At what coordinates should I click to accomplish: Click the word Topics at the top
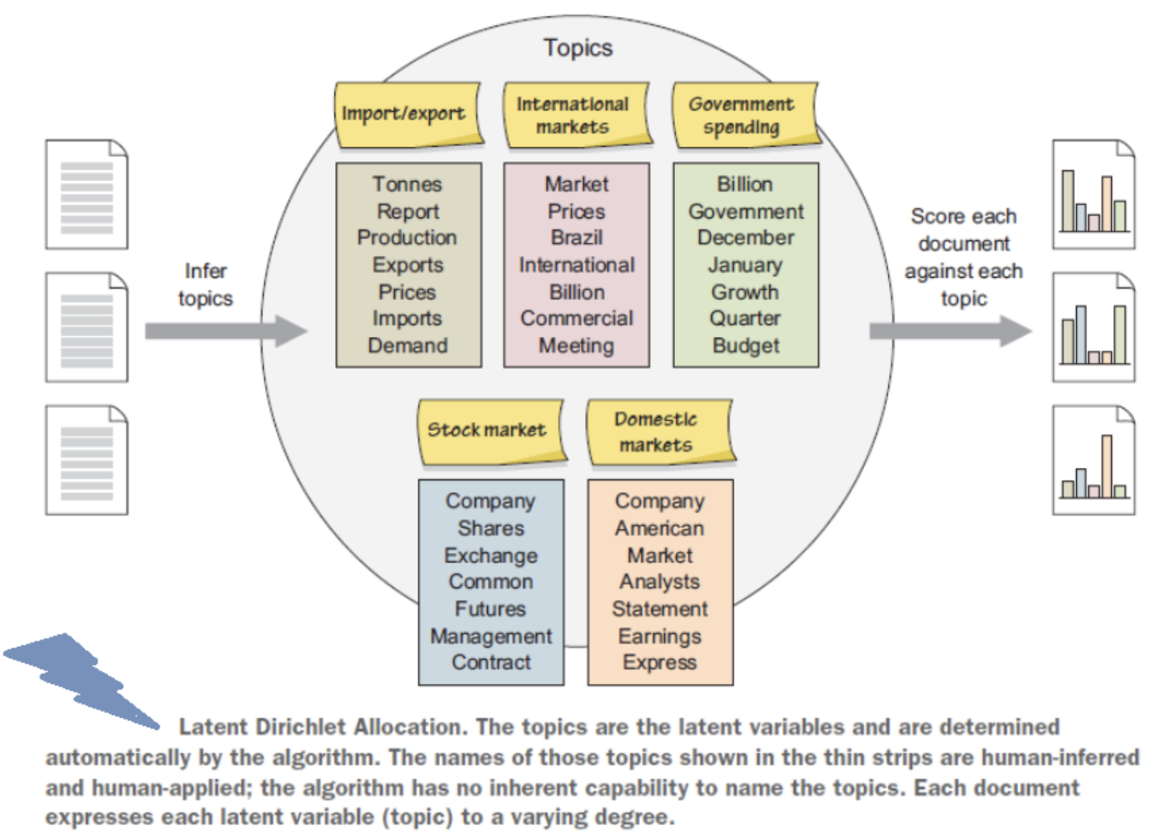click(578, 48)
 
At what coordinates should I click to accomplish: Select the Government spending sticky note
click(744, 114)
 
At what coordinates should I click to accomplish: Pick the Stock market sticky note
click(490, 430)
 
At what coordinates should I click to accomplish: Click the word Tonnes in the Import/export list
click(407, 184)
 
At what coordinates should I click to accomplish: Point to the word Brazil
click(576, 237)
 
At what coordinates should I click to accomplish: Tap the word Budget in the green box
click(746, 346)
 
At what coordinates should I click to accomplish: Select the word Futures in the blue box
click(490, 609)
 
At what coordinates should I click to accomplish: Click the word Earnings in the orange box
click(660, 636)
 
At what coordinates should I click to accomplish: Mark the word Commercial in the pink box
click(576, 319)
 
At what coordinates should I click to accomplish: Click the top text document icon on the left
click(87, 194)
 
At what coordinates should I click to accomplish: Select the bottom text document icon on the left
click(87, 460)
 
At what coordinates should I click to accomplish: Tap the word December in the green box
click(746, 237)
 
